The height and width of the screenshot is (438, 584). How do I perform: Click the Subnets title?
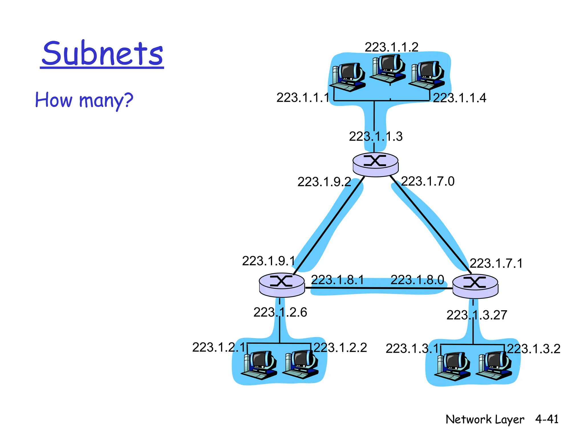point(102,54)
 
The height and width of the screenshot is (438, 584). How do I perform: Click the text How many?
point(84,100)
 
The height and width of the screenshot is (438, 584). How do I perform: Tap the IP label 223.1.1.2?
point(391,47)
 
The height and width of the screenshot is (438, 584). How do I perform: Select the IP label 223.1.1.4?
point(459,98)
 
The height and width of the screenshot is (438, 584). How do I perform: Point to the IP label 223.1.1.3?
point(376,136)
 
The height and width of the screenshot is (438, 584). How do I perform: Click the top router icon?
point(375,165)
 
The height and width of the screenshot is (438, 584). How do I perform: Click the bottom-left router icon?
point(281,285)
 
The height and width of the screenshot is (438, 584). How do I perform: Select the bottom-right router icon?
point(475,286)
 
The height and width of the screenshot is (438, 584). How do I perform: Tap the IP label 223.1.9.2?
point(324,182)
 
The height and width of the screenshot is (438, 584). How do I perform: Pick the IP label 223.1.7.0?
point(427,181)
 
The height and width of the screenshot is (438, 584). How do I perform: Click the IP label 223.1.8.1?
point(337,280)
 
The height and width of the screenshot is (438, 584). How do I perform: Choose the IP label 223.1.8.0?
point(417,280)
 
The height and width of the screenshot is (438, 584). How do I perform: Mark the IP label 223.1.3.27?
point(476,315)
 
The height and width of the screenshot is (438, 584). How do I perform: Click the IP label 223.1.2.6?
point(280,312)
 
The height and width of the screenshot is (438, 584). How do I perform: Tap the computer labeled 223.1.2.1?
point(259,365)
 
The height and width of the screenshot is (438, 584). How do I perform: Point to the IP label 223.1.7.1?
point(496,263)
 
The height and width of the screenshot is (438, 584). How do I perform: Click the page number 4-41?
point(546,419)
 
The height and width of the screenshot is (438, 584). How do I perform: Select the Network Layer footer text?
point(484,419)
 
